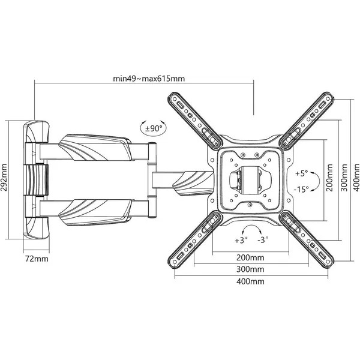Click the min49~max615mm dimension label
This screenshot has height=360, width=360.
(x=149, y=79)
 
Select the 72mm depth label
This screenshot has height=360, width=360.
(x=37, y=259)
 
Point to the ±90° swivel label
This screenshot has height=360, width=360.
(x=154, y=128)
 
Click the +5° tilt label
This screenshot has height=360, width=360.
(x=301, y=173)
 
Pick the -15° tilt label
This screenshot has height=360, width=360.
(x=301, y=190)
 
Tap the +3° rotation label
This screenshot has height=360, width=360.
(x=241, y=241)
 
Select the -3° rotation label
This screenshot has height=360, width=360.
(x=263, y=240)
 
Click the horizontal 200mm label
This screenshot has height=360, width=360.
(x=250, y=257)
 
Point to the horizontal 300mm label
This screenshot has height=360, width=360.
(x=250, y=269)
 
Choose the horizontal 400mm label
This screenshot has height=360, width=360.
(x=250, y=281)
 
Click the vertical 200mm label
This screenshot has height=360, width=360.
(x=329, y=178)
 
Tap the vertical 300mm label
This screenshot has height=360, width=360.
(x=344, y=178)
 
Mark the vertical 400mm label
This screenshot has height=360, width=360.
(x=356, y=178)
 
